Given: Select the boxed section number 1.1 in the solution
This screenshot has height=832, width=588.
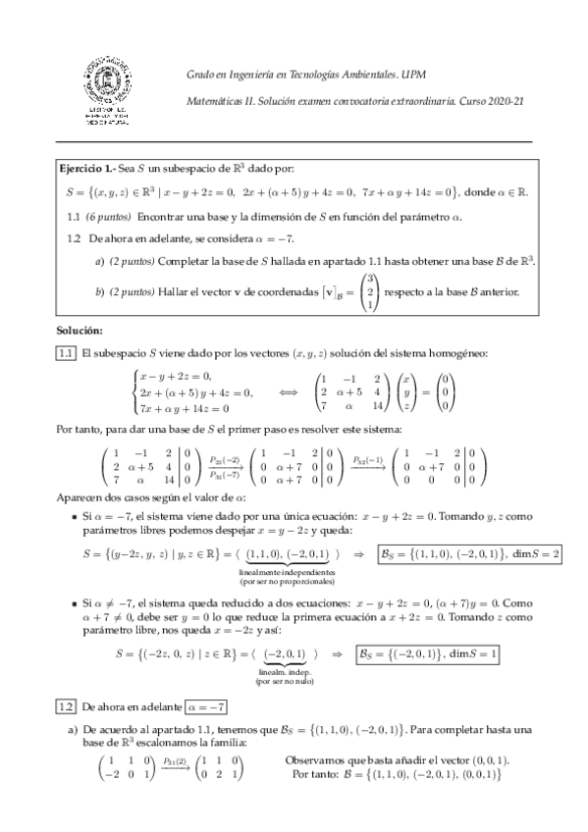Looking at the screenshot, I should coord(66,352).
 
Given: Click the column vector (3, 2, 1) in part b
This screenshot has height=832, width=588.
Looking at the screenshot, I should coord(370,291).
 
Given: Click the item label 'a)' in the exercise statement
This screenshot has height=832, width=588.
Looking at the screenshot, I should coord(100,260).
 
